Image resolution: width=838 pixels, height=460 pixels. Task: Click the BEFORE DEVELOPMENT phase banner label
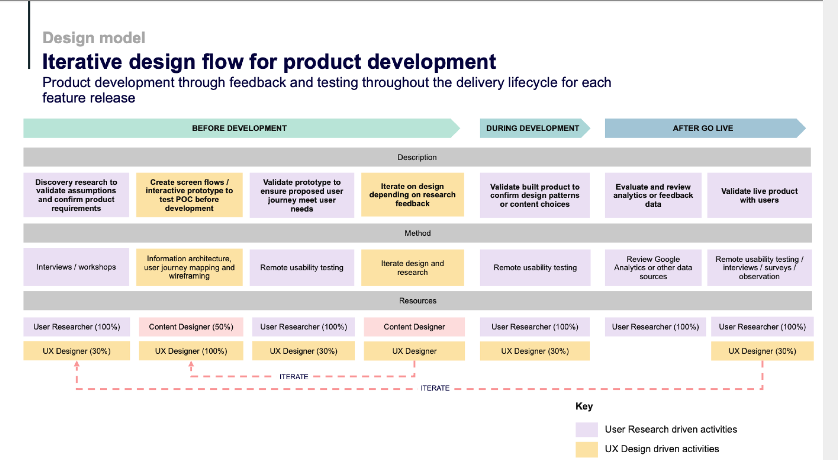[x=239, y=128]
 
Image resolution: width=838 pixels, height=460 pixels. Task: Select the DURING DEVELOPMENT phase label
[x=533, y=128]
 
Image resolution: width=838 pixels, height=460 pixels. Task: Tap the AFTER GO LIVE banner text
[x=703, y=128]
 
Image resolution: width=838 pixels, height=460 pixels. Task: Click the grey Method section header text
[x=417, y=233]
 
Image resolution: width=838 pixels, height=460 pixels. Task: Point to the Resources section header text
[x=418, y=301]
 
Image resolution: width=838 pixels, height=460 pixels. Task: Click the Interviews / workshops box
[x=76, y=267]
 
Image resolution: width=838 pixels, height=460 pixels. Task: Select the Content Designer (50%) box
[x=191, y=327]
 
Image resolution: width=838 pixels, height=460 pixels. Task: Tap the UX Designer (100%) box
[x=191, y=351]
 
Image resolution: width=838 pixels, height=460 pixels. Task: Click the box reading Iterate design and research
[x=412, y=268]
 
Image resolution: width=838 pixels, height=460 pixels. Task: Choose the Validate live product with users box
[x=759, y=195]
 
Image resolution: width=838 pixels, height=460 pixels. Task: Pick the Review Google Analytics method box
[x=653, y=268]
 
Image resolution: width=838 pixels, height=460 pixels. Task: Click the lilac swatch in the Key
[x=586, y=429]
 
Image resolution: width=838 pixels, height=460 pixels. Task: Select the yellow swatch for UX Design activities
[x=586, y=449]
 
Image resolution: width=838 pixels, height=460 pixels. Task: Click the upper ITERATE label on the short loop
[x=294, y=377]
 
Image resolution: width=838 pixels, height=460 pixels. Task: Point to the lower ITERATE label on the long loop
[x=435, y=388]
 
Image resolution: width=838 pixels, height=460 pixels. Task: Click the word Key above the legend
[x=584, y=406]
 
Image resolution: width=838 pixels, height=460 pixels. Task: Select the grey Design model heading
[x=94, y=38]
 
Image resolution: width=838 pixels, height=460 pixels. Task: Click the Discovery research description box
[x=76, y=195]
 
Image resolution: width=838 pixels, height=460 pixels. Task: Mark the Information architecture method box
[x=189, y=267]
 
